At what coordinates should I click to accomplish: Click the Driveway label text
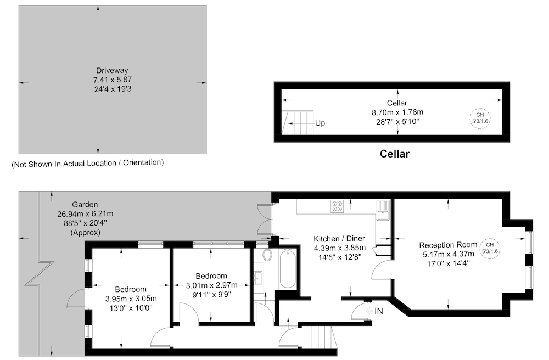point(112,70)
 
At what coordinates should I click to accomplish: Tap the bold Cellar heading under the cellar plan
point(395,154)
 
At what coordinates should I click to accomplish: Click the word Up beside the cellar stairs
point(320,123)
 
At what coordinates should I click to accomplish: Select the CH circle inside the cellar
point(480,118)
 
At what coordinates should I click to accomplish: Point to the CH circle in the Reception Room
point(490,249)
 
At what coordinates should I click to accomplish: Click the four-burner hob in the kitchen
point(338,206)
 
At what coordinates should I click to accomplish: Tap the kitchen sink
point(383,210)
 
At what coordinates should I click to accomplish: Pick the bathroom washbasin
point(259,278)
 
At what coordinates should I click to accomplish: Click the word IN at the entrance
point(379,311)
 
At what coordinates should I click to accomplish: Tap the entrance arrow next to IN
point(369,311)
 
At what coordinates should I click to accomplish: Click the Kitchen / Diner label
point(339,239)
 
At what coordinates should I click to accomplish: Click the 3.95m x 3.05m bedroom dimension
point(131,299)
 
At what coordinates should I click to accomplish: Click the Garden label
point(85,204)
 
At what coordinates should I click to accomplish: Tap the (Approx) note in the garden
point(86,233)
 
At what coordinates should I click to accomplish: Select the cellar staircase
point(297,122)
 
